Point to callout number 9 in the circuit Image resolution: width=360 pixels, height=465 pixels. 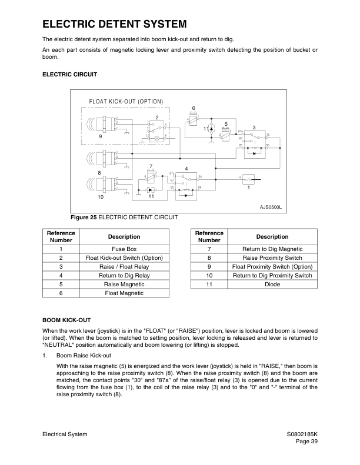[101, 136]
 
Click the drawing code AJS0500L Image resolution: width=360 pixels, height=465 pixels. [271, 207]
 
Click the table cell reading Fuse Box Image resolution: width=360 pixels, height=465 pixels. [124, 249]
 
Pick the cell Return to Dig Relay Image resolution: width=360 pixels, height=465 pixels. [124, 275]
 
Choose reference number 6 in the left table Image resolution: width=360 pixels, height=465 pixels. [61, 292]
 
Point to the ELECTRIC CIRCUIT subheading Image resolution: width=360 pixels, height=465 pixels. [69, 75]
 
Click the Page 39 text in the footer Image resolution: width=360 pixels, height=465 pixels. [306, 442]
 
